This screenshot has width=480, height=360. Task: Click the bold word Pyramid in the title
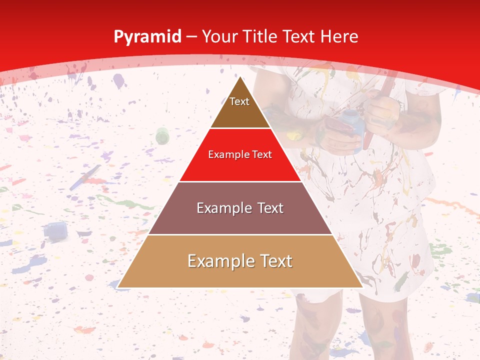coord(147,36)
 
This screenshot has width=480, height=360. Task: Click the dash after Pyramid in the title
coord(191,37)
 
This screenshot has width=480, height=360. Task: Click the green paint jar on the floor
coord(162,135)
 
